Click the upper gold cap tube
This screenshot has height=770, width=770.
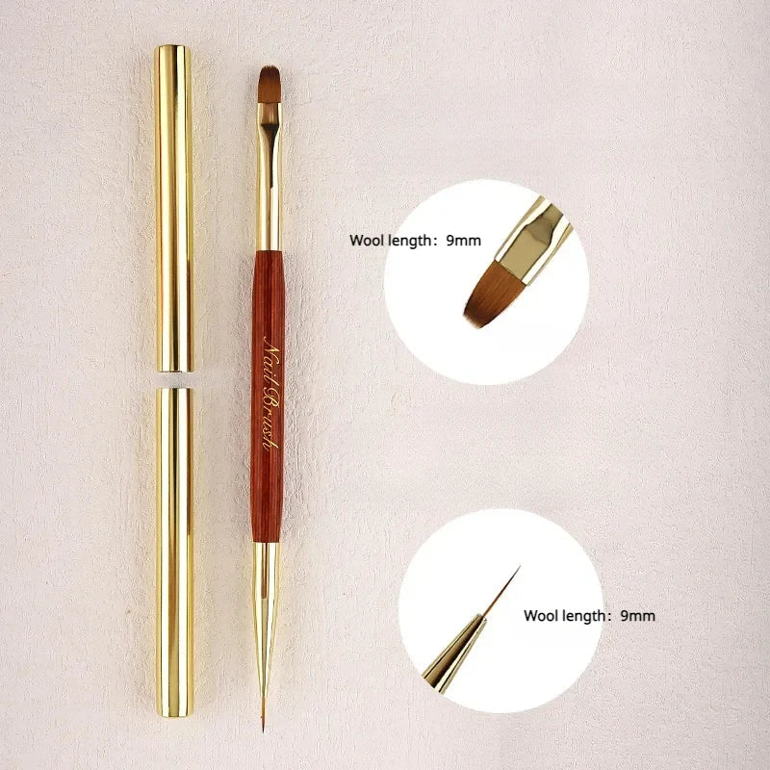174,208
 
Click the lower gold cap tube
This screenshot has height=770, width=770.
175,552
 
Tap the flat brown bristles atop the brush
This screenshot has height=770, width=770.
269,84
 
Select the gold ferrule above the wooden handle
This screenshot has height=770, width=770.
269,177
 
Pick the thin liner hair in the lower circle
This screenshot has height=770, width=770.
500,591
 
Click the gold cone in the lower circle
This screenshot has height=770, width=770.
454,654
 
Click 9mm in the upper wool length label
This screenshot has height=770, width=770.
464,241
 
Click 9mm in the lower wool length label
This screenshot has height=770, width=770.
637,616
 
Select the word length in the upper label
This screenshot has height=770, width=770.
410,242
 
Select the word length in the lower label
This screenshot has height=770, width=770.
584,617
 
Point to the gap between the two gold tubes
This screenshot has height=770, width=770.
174,379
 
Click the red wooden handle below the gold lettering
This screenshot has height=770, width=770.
267,496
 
